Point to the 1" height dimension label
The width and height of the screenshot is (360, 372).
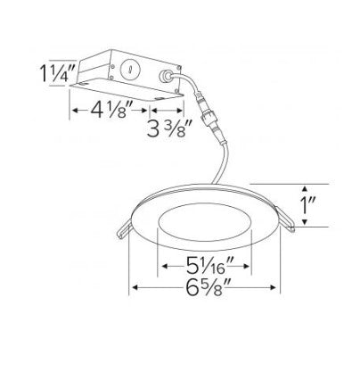pyautogui.click(x=307, y=205)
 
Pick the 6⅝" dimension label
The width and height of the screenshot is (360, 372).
pyautogui.click(x=209, y=287)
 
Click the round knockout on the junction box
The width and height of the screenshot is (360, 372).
pyautogui.click(x=129, y=70)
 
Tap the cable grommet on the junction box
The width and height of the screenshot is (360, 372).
pyautogui.click(x=165, y=76)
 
